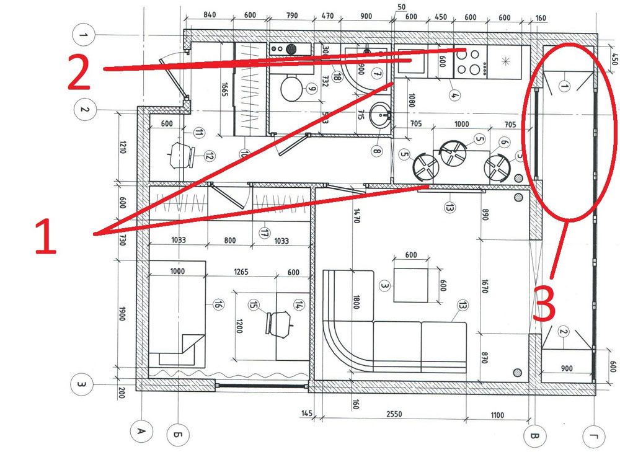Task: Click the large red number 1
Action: [x=45, y=231]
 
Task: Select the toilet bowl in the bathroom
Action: [x=292, y=89]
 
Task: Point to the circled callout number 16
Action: [x=217, y=304]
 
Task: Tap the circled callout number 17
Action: [x=264, y=233]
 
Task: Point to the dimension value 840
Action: [x=209, y=16]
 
